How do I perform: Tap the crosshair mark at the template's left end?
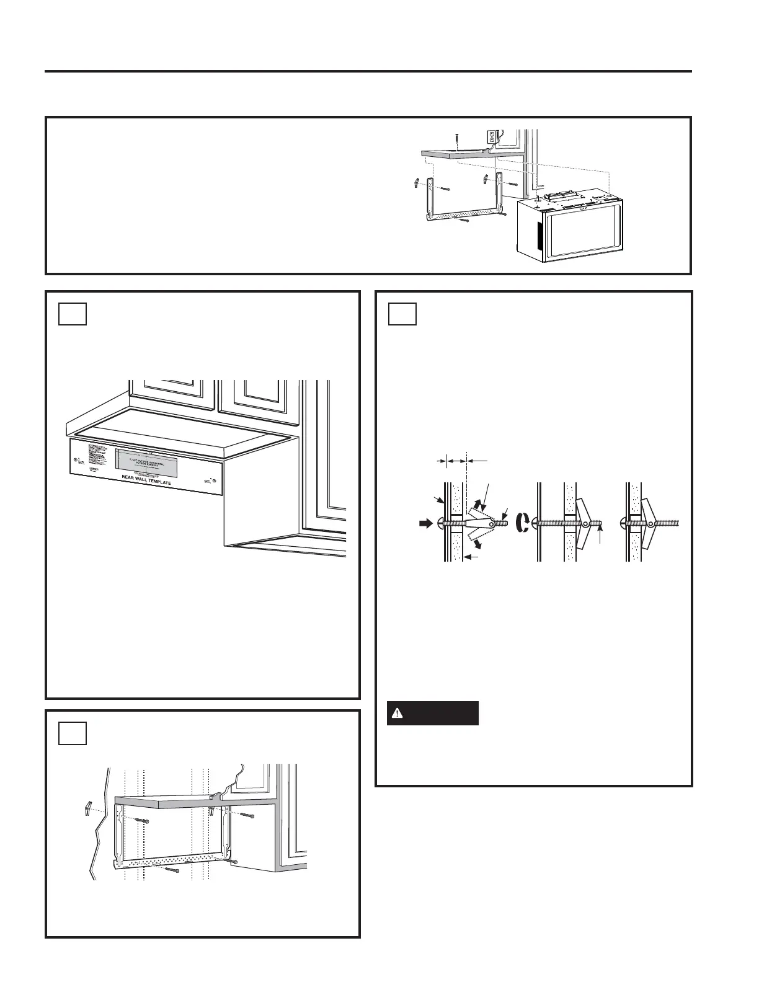(x=76, y=460)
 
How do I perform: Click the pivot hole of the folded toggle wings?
(x=492, y=524)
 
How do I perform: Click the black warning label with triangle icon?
(x=433, y=713)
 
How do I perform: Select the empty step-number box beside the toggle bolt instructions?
(x=402, y=314)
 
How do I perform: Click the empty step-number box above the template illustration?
(x=73, y=314)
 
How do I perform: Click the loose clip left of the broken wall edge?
(x=88, y=809)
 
